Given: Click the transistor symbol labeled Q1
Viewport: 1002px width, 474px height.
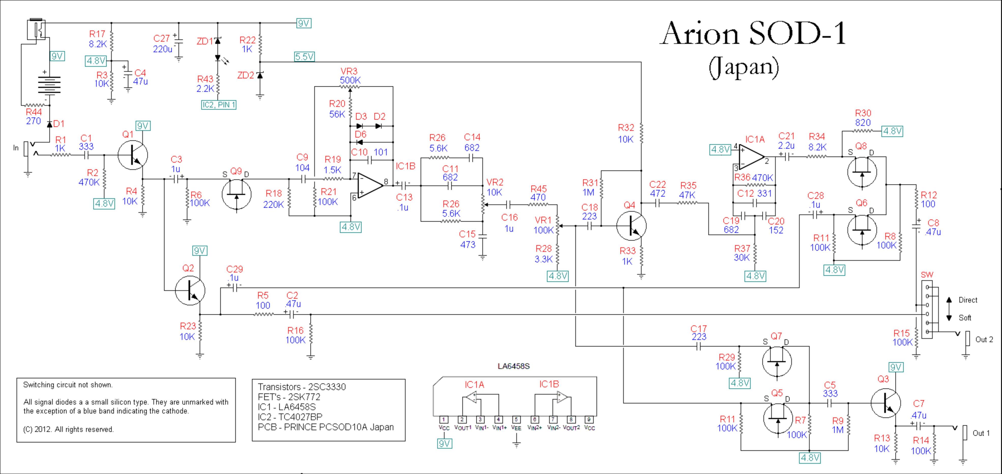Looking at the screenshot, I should tap(133, 155).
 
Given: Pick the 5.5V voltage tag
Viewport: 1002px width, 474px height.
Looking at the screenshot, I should tap(304, 57).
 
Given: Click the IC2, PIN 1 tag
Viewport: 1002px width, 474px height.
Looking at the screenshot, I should tap(219, 105).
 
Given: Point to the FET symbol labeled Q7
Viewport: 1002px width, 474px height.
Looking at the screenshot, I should tap(777, 361).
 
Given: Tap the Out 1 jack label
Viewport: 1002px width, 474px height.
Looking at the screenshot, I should tap(981, 433).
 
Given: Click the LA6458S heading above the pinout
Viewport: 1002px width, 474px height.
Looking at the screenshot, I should tap(513, 366).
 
